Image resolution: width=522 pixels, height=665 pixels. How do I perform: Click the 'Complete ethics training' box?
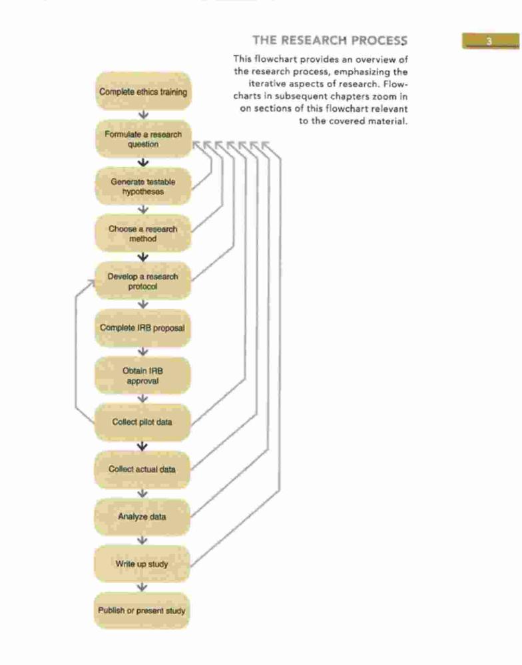point(143,91)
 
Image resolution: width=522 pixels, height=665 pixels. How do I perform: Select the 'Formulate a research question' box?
point(143,139)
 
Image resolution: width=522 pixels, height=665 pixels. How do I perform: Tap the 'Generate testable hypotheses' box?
point(143,186)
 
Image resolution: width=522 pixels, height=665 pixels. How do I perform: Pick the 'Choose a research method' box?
point(143,233)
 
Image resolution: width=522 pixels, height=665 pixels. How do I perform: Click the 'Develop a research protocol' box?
point(143,281)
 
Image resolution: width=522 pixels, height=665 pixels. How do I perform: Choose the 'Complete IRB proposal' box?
point(142,328)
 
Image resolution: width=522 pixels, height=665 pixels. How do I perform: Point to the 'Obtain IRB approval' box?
point(142,375)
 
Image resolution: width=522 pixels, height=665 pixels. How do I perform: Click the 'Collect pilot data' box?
point(142,422)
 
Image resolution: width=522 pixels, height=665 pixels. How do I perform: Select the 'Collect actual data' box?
point(142,469)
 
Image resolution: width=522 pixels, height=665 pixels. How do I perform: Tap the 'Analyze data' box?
point(142,517)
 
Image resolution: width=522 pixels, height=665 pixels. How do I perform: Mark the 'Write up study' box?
point(142,564)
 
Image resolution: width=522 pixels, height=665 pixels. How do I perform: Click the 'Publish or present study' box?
point(142,610)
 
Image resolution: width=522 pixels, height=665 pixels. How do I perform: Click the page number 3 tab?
point(491,41)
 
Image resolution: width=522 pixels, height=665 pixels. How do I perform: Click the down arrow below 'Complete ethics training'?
point(144,115)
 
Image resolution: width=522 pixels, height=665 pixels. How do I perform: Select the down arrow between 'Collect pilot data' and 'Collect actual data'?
point(142,446)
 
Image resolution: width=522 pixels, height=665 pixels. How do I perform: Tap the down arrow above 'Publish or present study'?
point(142,587)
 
